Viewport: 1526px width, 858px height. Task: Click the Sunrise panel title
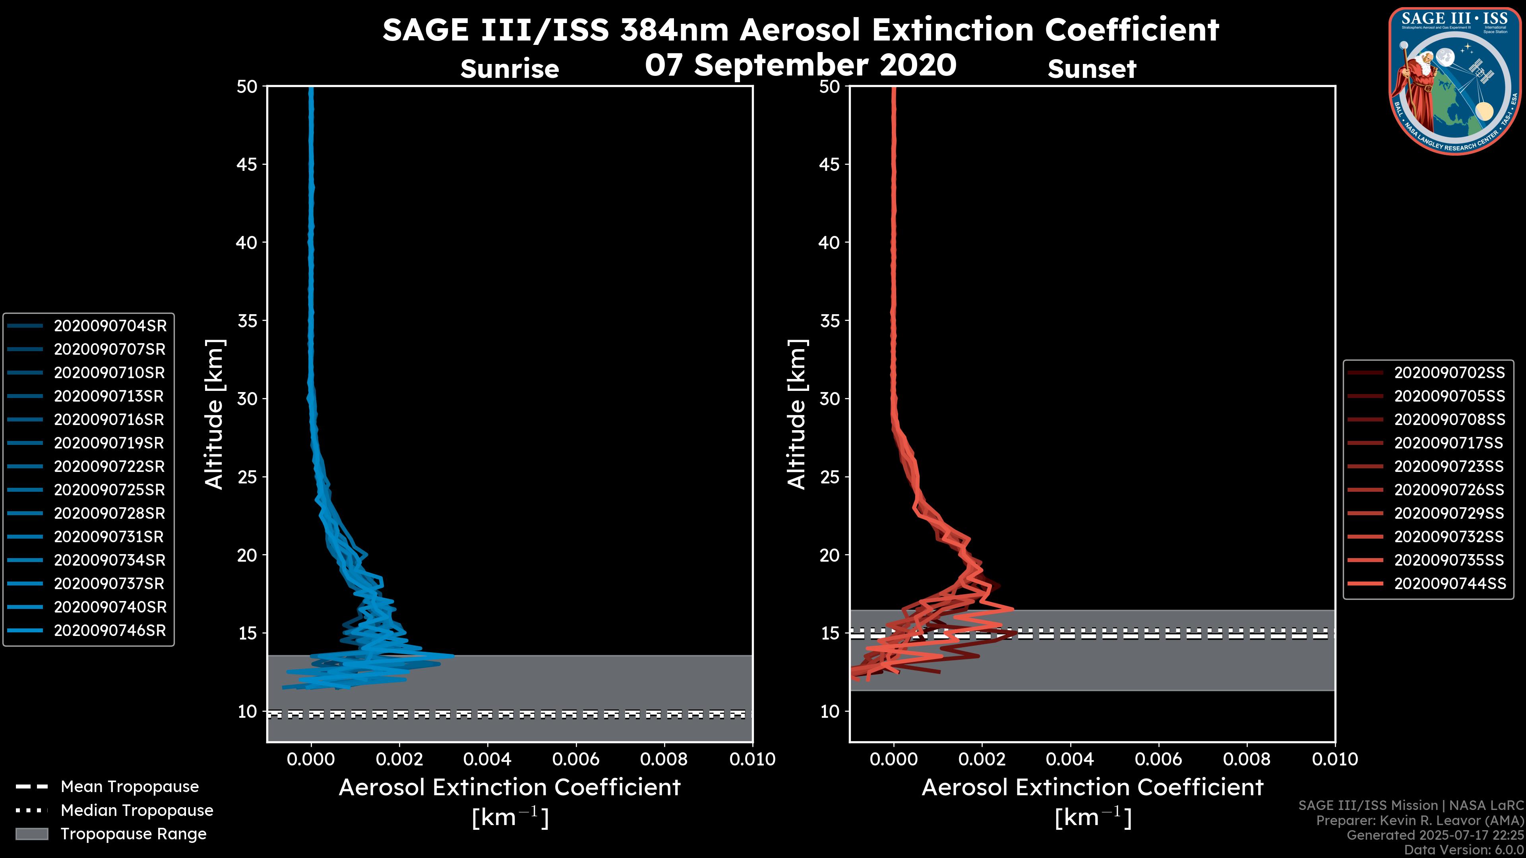(x=509, y=69)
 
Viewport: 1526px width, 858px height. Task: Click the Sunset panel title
(x=1092, y=69)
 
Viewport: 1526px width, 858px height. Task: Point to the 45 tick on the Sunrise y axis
(x=248, y=164)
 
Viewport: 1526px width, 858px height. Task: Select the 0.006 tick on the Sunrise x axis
(x=576, y=759)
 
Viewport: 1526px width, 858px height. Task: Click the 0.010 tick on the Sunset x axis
(x=1335, y=759)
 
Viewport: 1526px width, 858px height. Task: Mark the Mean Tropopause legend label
(x=130, y=787)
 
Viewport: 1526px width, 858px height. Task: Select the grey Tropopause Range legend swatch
(x=31, y=834)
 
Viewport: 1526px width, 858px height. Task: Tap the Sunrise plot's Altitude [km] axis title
(x=215, y=414)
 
